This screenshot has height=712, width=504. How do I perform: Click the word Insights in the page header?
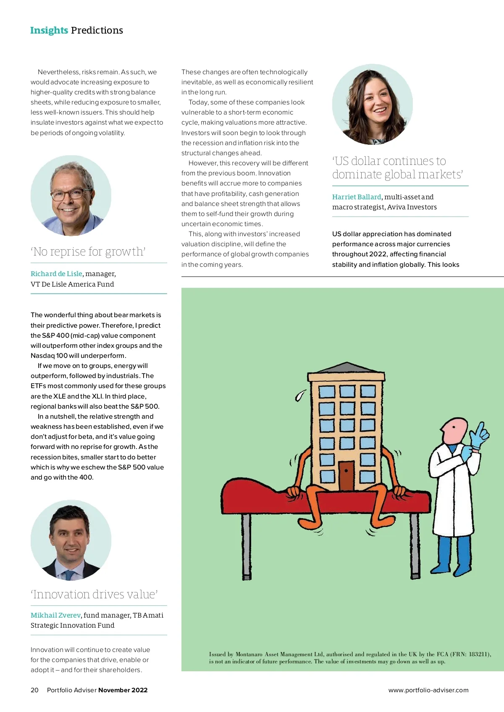click(49, 30)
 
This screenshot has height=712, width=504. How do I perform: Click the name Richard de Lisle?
click(56, 274)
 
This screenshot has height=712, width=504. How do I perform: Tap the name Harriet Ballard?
click(357, 197)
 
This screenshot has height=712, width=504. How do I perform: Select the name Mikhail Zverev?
click(55, 615)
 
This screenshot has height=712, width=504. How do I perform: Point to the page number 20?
click(34, 690)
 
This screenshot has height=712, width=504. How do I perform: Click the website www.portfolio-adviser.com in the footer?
click(428, 690)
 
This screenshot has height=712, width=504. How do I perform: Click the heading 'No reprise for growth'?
click(88, 252)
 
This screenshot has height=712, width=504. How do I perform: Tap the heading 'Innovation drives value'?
click(94, 595)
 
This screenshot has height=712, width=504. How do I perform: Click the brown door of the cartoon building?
click(346, 475)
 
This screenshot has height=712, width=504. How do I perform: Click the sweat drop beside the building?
click(300, 395)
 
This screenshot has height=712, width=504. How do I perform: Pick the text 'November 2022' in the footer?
click(123, 690)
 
